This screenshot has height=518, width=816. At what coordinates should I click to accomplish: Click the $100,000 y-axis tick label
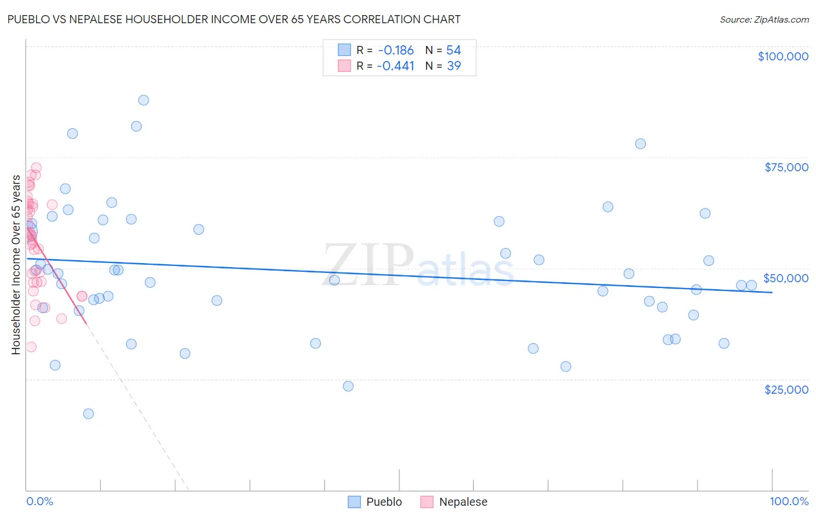pos(783,56)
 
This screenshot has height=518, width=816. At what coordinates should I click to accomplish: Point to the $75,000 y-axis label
pos(786,167)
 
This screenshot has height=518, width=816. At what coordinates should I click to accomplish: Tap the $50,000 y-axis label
pos(786,278)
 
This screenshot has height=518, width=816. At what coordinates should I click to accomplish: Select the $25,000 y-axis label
pos(786,390)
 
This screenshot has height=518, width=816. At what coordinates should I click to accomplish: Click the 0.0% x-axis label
pos(39,501)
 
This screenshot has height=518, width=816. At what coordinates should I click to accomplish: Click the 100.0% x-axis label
pos(789,501)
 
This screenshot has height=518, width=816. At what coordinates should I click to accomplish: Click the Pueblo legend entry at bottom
pos(384,502)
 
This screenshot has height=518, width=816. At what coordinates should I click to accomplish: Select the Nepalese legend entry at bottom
pos(463,502)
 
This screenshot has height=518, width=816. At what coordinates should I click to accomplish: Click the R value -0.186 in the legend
pos(395,51)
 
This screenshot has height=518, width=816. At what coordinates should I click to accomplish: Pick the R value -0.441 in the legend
pos(395,66)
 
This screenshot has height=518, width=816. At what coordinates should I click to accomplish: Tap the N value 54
pos(453,51)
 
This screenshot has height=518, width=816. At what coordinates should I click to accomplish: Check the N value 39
pos(453,66)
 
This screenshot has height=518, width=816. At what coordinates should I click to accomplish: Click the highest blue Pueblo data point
pos(143,100)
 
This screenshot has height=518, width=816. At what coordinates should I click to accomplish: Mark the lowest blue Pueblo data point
pos(88,413)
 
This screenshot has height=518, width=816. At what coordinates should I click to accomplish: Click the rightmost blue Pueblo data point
pos(752,285)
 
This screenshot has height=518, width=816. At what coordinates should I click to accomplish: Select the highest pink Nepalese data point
pos(36,168)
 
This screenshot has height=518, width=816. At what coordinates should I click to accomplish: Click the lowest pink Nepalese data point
pos(31,347)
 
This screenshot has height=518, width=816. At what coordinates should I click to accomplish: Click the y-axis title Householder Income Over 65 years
pos(16,265)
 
